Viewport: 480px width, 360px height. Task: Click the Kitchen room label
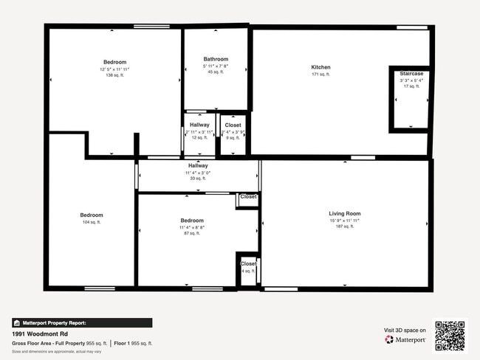[x=320, y=67]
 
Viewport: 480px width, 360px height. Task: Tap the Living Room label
[x=344, y=214]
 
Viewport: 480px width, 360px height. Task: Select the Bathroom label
[x=216, y=59]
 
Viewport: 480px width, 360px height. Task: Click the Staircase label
[x=411, y=74]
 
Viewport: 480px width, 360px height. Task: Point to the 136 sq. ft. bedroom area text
[x=114, y=75]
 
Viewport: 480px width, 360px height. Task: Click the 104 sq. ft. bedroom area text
[x=92, y=222]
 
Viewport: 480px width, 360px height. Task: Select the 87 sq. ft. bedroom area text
[x=192, y=233]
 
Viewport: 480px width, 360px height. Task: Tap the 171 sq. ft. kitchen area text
[x=320, y=75]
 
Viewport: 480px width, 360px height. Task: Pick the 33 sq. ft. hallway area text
[x=198, y=179]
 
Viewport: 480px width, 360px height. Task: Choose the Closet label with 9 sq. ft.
[x=233, y=125]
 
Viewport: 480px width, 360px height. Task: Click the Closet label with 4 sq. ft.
[x=248, y=263]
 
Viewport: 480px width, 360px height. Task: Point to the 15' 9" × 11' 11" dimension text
[x=344, y=221]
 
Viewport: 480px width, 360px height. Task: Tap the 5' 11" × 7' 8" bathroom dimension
[x=216, y=66]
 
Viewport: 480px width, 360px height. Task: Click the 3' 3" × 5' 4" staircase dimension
[x=411, y=80]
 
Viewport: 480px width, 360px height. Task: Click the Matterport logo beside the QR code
[x=405, y=339]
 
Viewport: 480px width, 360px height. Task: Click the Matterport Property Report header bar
[x=82, y=322]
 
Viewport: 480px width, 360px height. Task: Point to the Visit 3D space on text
[x=405, y=329]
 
